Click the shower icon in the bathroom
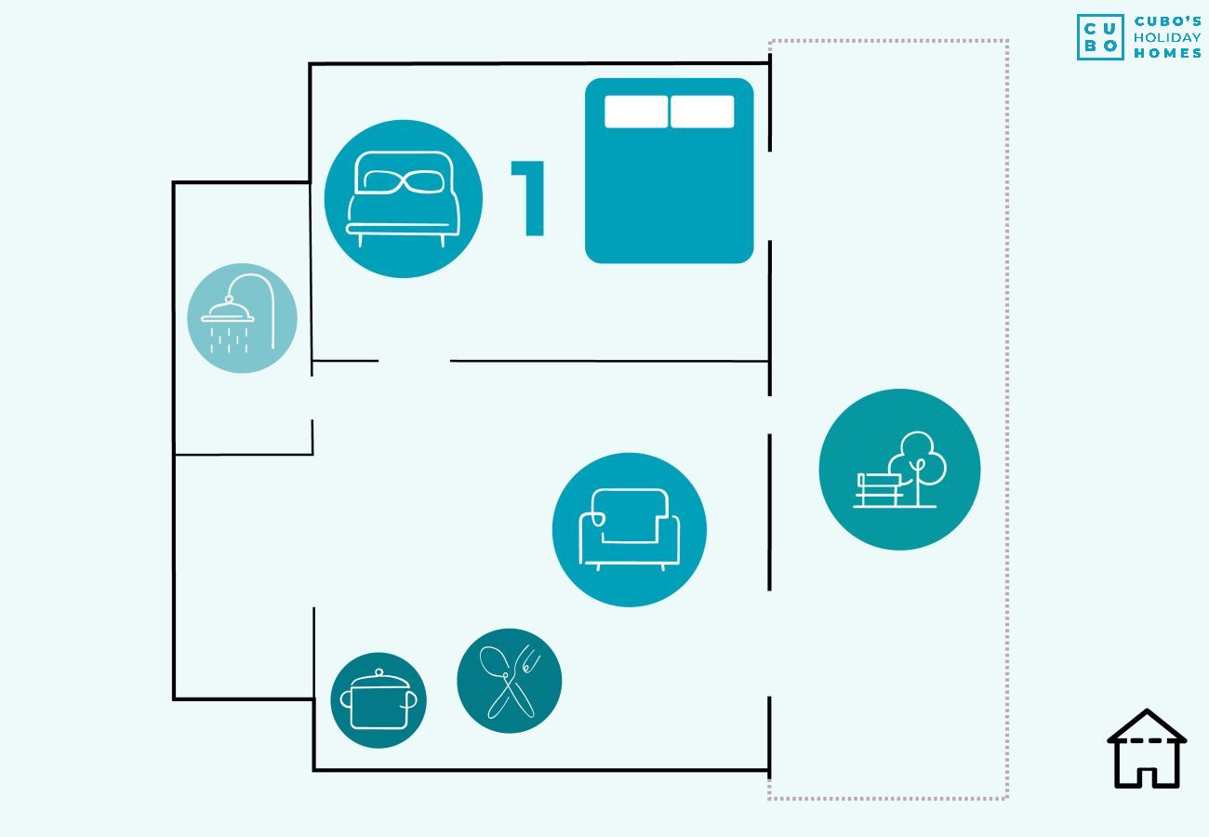point(242,318)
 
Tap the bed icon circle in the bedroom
point(404,199)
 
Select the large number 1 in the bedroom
point(528,198)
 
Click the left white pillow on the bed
point(636,112)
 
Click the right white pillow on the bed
point(702,112)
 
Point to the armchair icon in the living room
point(630,529)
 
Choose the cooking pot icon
point(379,700)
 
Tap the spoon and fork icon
point(509,681)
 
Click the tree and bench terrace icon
point(899,470)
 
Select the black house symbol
point(1147,749)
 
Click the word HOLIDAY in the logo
point(1167,38)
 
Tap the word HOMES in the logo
point(1167,53)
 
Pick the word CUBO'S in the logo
point(1167,21)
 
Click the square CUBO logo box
point(1100,37)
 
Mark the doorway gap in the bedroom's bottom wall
point(414,361)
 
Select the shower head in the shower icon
point(228,312)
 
